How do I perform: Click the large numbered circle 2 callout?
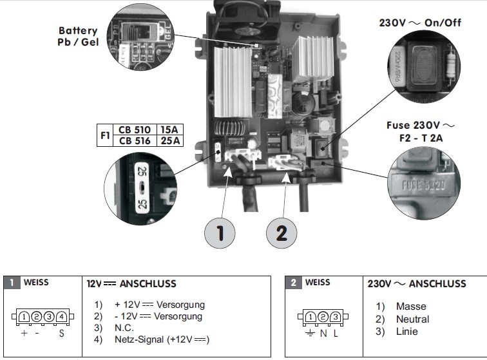click(281, 233)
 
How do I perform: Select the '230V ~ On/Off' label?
click(420, 22)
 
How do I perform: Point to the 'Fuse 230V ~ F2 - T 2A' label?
click(421, 131)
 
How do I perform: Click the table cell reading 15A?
click(169, 129)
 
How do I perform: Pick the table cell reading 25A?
click(169, 140)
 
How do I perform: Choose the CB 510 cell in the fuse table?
click(135, 129)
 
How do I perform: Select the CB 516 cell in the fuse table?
click(135, 140)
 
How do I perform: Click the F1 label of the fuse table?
click(104, 135)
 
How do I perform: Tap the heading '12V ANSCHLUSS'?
click(131, 283)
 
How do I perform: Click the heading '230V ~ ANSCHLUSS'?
click(416, 283)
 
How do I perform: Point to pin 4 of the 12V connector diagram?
click(61, 316)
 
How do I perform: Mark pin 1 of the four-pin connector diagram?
click(24, 316)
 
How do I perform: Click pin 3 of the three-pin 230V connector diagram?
click(336, 316)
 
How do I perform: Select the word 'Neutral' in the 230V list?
click(412, 319)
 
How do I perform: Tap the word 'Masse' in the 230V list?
click(411, 307)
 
